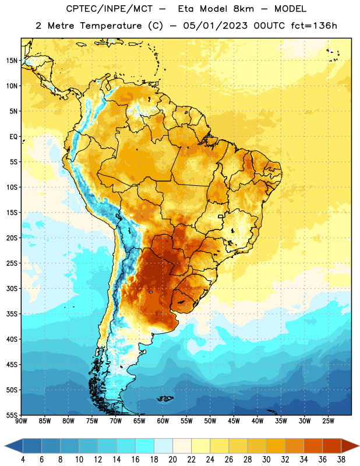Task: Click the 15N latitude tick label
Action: [x=12, y=61]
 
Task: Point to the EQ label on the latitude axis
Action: [x=13, y=137]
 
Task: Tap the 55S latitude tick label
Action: [x=12, y=415]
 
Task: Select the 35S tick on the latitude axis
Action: [x=12, y=314]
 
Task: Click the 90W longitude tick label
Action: [x=21, y=421]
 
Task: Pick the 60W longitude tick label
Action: [x=163, y=421]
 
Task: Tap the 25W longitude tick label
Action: [x=328, y=421]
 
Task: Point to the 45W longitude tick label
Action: [x=234, y=421]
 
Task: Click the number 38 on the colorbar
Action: [x=341, y=460]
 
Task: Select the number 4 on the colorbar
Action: [x=23, y=460]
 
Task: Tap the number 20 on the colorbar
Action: [x=172, y=460]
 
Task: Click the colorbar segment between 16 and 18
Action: [x=145, y=446]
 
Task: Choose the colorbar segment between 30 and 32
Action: [x=276, y=446]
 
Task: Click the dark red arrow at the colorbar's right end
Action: [x=350, y=446]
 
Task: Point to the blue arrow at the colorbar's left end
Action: [x=14, y=446]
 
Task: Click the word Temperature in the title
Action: [x=111, y=26]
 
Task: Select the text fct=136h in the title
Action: [x=314, y=26]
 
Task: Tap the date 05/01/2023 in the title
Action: [x=215, y=26]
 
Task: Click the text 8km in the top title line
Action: [x=243, y=9]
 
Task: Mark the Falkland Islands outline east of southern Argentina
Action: [x=165, y=398]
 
